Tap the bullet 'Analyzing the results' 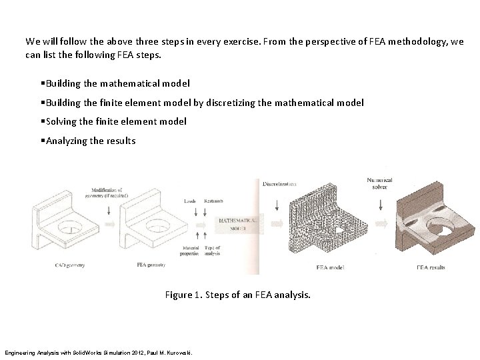pyautogui.click(x=90, y=141)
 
